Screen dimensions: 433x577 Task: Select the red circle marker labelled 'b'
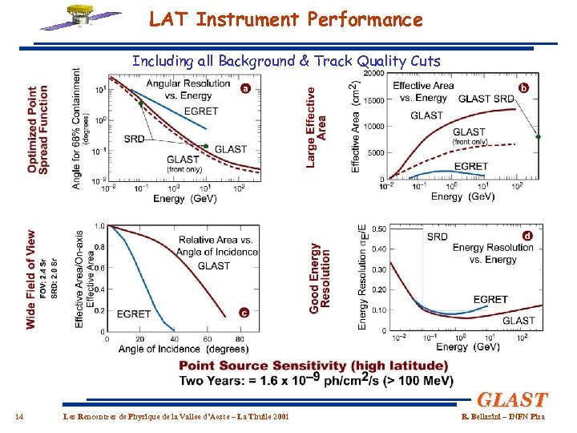click(x=523, y=87)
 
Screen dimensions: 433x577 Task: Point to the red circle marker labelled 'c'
click(x=244, y=313)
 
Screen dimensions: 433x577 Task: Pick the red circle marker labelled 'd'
click(x=527, y=235)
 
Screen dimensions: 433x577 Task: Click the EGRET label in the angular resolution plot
click(x=201, y=111)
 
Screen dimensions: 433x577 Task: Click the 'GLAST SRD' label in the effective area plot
click(x=486, y=99)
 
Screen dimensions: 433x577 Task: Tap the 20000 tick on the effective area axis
click(x=373, y=74)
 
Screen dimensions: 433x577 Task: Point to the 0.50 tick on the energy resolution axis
click(x=377, y=229)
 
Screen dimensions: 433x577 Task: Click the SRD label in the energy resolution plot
click(x=438, y=237)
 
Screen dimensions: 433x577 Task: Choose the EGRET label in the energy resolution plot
click(x=490, y=299)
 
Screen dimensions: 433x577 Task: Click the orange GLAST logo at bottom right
click(x=512, y=399)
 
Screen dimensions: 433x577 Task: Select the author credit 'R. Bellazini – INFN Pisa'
click(x=502, y=416)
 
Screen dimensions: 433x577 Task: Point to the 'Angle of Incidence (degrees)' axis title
click(x=171, y=349)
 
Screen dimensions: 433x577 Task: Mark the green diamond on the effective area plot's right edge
click(x=539, y=137)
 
